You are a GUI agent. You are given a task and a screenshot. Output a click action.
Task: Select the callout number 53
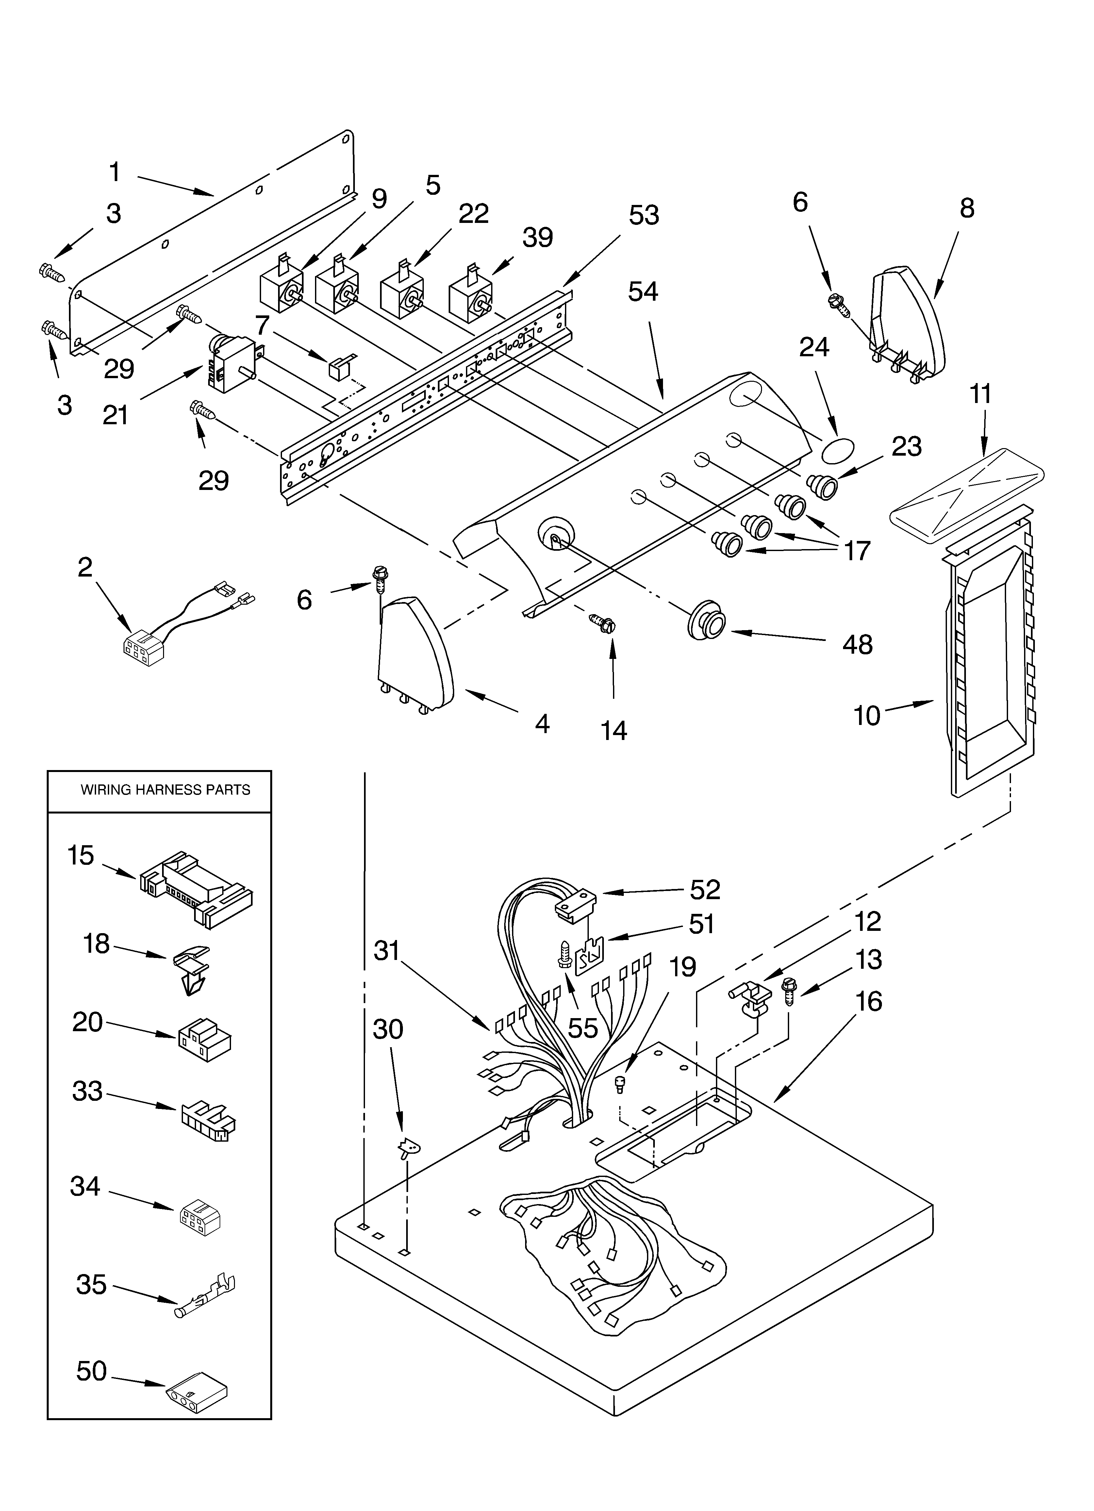click(x=644, y=215)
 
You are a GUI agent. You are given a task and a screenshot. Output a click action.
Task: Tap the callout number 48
click(x=857, y=644)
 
